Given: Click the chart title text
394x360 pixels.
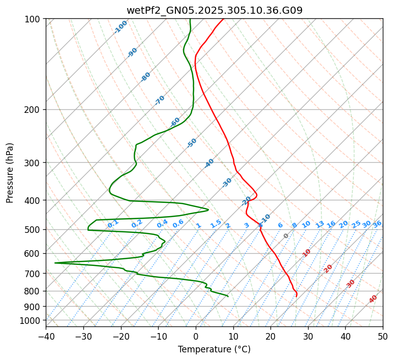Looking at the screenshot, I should click(x=215, y=10).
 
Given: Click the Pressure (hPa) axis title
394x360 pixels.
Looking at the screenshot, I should click(x=10, y=173).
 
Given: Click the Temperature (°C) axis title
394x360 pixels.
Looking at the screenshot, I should click(x=214, y=349).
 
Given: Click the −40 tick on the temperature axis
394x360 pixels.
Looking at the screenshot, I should click(x=46, y=336).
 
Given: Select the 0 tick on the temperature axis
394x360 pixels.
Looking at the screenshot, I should click(x=196, y=336).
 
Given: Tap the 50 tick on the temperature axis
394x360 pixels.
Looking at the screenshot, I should click(x=383, y=336).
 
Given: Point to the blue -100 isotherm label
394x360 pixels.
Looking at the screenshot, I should click(x=121, y=27).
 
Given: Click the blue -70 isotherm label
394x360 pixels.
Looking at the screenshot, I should click(x=160, y=100).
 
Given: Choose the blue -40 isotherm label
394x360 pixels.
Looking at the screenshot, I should click(x=209, y=163).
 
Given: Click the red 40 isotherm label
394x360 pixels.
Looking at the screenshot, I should click(x=373, y=299).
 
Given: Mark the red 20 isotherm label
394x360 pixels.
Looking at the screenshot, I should click(x=328, y=268).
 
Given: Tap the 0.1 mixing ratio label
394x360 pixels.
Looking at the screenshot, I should click(x=113, y=223).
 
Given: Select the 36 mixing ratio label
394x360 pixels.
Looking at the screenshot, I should click(x=377, y=224).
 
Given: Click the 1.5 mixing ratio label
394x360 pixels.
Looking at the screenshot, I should click(x=216, y=223).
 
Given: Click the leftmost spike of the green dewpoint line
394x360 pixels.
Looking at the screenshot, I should click(x=55, y=263).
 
